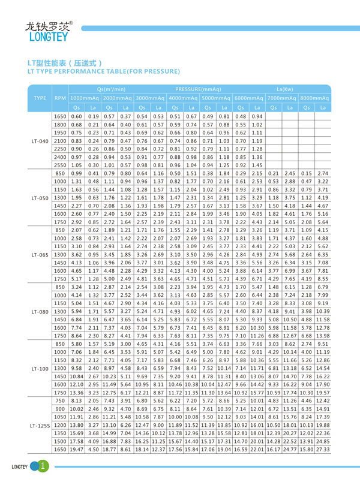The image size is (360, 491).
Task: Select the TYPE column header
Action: coord(40,97)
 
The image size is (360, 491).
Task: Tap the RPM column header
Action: coord(60,97)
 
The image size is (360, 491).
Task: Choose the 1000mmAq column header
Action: coord(85,97)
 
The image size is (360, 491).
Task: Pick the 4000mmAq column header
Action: coord(183,97)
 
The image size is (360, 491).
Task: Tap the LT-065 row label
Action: coord(40,254)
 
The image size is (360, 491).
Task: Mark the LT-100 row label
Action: coord(40,368)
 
